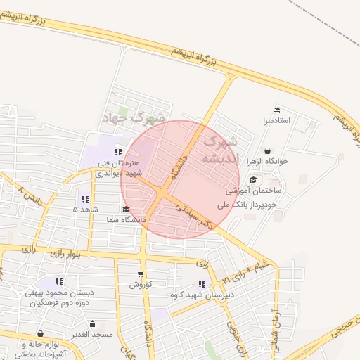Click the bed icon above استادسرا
[x=276, y=110]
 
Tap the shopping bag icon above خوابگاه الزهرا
[x=268, y=150]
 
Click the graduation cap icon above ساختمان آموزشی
[x=253, y=180]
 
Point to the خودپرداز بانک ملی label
[x=252, y=205]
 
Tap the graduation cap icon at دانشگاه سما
[x=125, y=210]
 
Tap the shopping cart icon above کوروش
[x=141, y=274]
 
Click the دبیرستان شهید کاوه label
[x=202, y=295]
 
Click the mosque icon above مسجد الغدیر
[x=92, y=324]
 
